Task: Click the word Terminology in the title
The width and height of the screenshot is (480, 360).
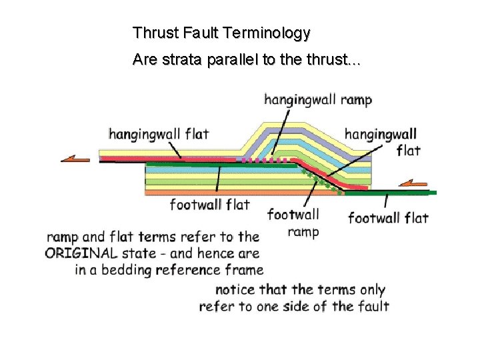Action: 273,32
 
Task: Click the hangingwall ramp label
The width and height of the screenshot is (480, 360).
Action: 318,100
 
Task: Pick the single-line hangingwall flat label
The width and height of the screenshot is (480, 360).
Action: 159,134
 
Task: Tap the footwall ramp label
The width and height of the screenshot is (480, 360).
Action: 294,223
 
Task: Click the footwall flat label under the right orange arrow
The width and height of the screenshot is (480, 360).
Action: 388,217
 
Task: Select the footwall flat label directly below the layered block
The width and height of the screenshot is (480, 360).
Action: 209,204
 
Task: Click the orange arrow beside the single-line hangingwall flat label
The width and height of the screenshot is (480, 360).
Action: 75,159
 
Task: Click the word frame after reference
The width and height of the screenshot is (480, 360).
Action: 245,270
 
